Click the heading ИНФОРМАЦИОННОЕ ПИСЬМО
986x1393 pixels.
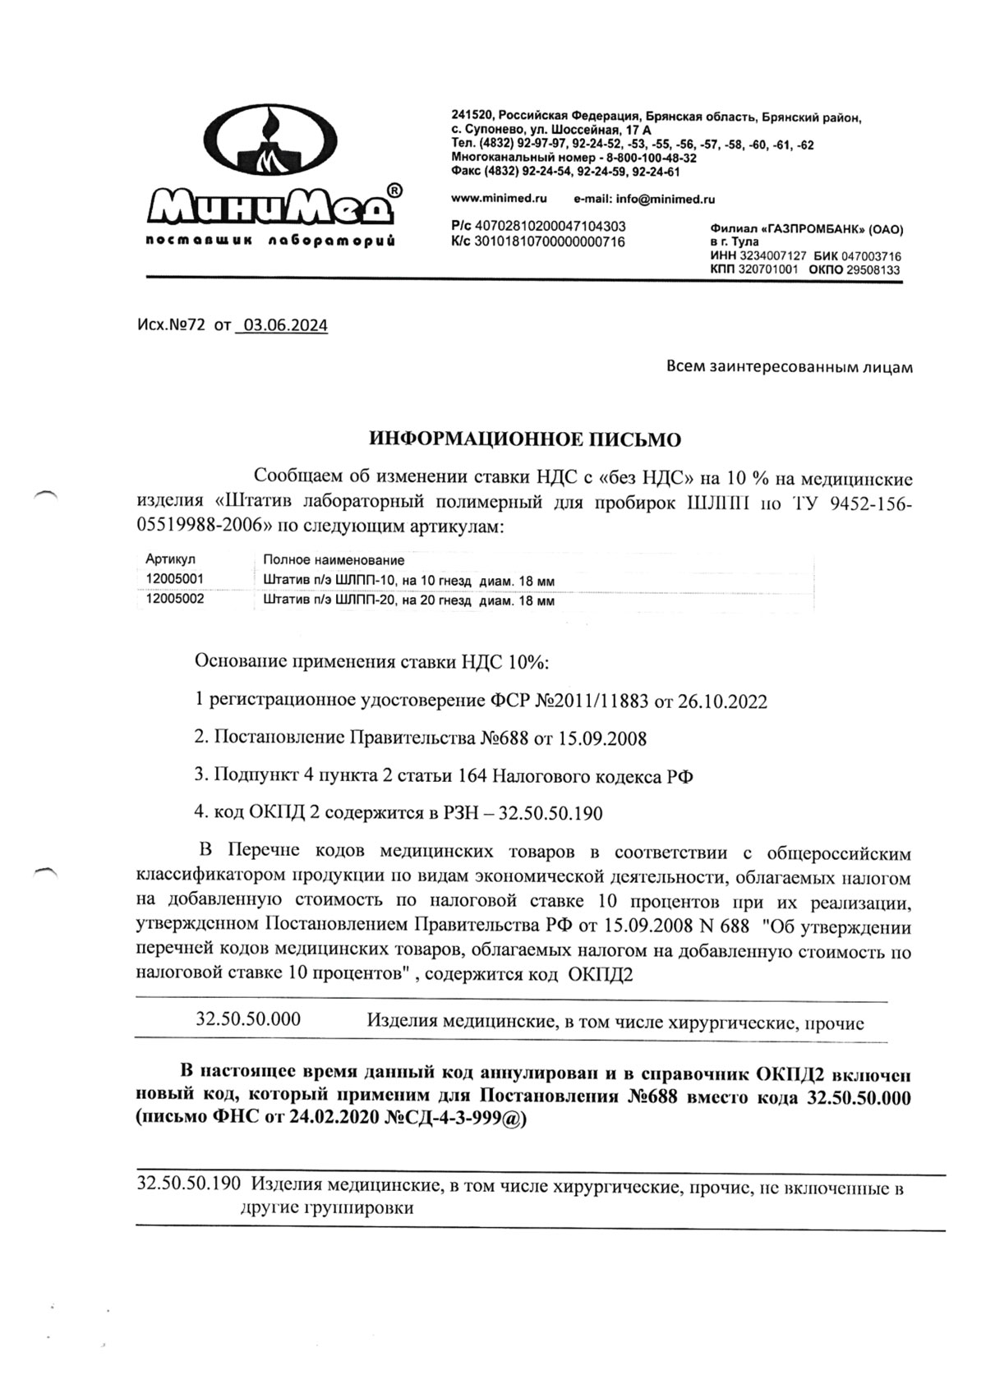pyautogui.click(x=524, y=440)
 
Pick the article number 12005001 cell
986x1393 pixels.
pyautogui.click(x=174, y=579)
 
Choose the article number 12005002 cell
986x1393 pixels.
pyautogui.click(x=174, y=600)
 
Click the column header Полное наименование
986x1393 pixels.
pyautogui.click(x=334, y=560)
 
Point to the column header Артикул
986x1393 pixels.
pyautogui.click(x=170, y=560)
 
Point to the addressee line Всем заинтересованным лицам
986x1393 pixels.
pyautogui.click(x=789, y=367)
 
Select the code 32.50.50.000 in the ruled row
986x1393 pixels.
pyautogui.click(x=248, y=1020)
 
